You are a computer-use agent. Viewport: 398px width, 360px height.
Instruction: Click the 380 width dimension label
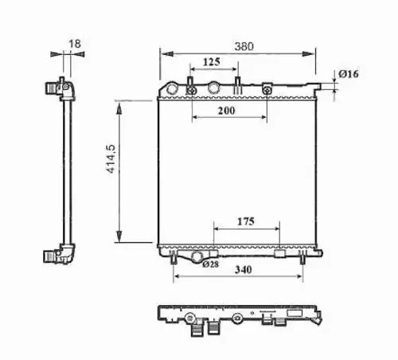pos(244,46)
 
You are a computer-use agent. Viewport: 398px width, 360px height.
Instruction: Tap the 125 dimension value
pos(212,62)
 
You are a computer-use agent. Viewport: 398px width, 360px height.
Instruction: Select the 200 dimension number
pos(226,111)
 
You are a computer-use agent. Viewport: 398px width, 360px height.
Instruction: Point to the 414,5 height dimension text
pos(111,158)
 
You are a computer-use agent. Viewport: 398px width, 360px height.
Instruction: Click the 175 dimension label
pos(246,221)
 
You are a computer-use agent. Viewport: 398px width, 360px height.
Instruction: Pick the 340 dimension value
pos(244,270)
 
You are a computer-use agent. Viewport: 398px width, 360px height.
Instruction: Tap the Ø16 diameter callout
pos(349,74)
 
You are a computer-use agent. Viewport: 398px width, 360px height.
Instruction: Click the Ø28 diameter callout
pos(210,264)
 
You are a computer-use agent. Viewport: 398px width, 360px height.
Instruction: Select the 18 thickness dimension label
pos(75,44)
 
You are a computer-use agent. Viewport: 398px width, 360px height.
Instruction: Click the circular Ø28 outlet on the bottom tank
pos(197,256)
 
